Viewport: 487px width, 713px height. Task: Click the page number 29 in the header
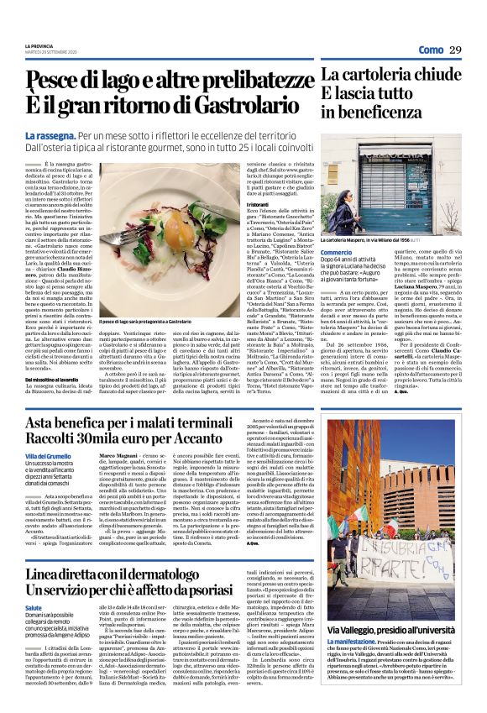(x=455, y=51)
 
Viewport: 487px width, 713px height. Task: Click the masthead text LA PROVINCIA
(x=39, y=46)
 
